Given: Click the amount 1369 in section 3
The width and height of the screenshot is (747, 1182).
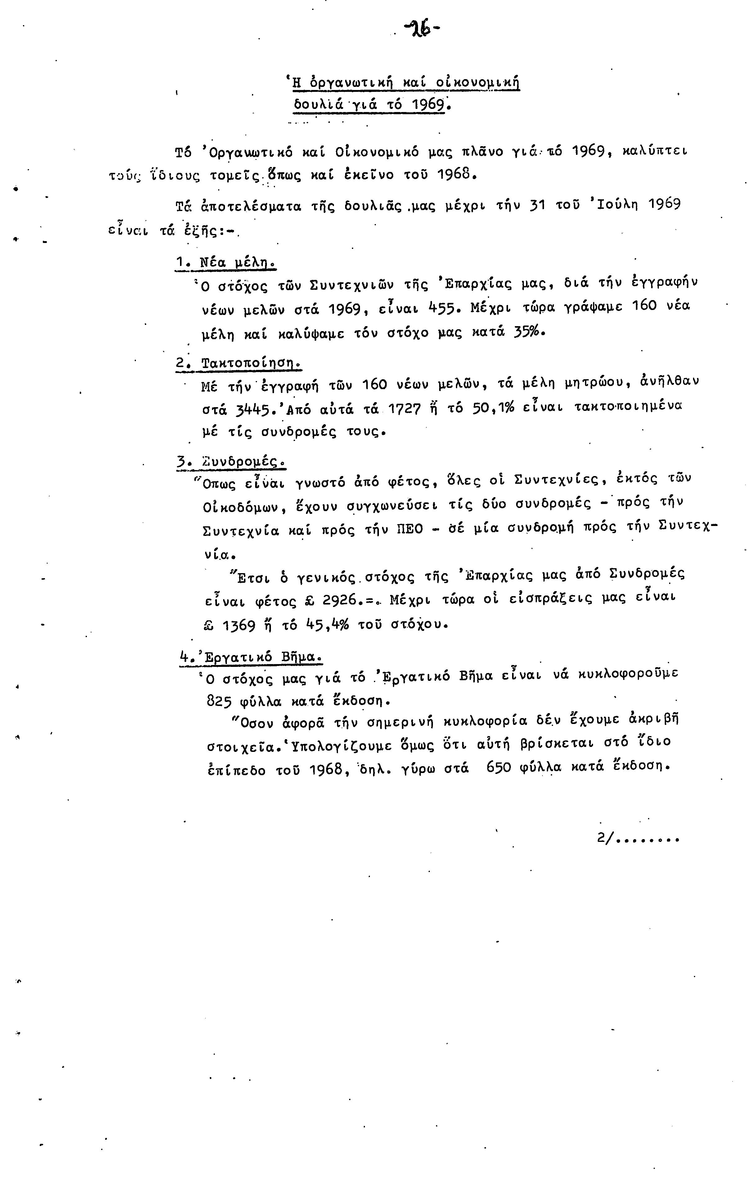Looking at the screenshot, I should [239, 626].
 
